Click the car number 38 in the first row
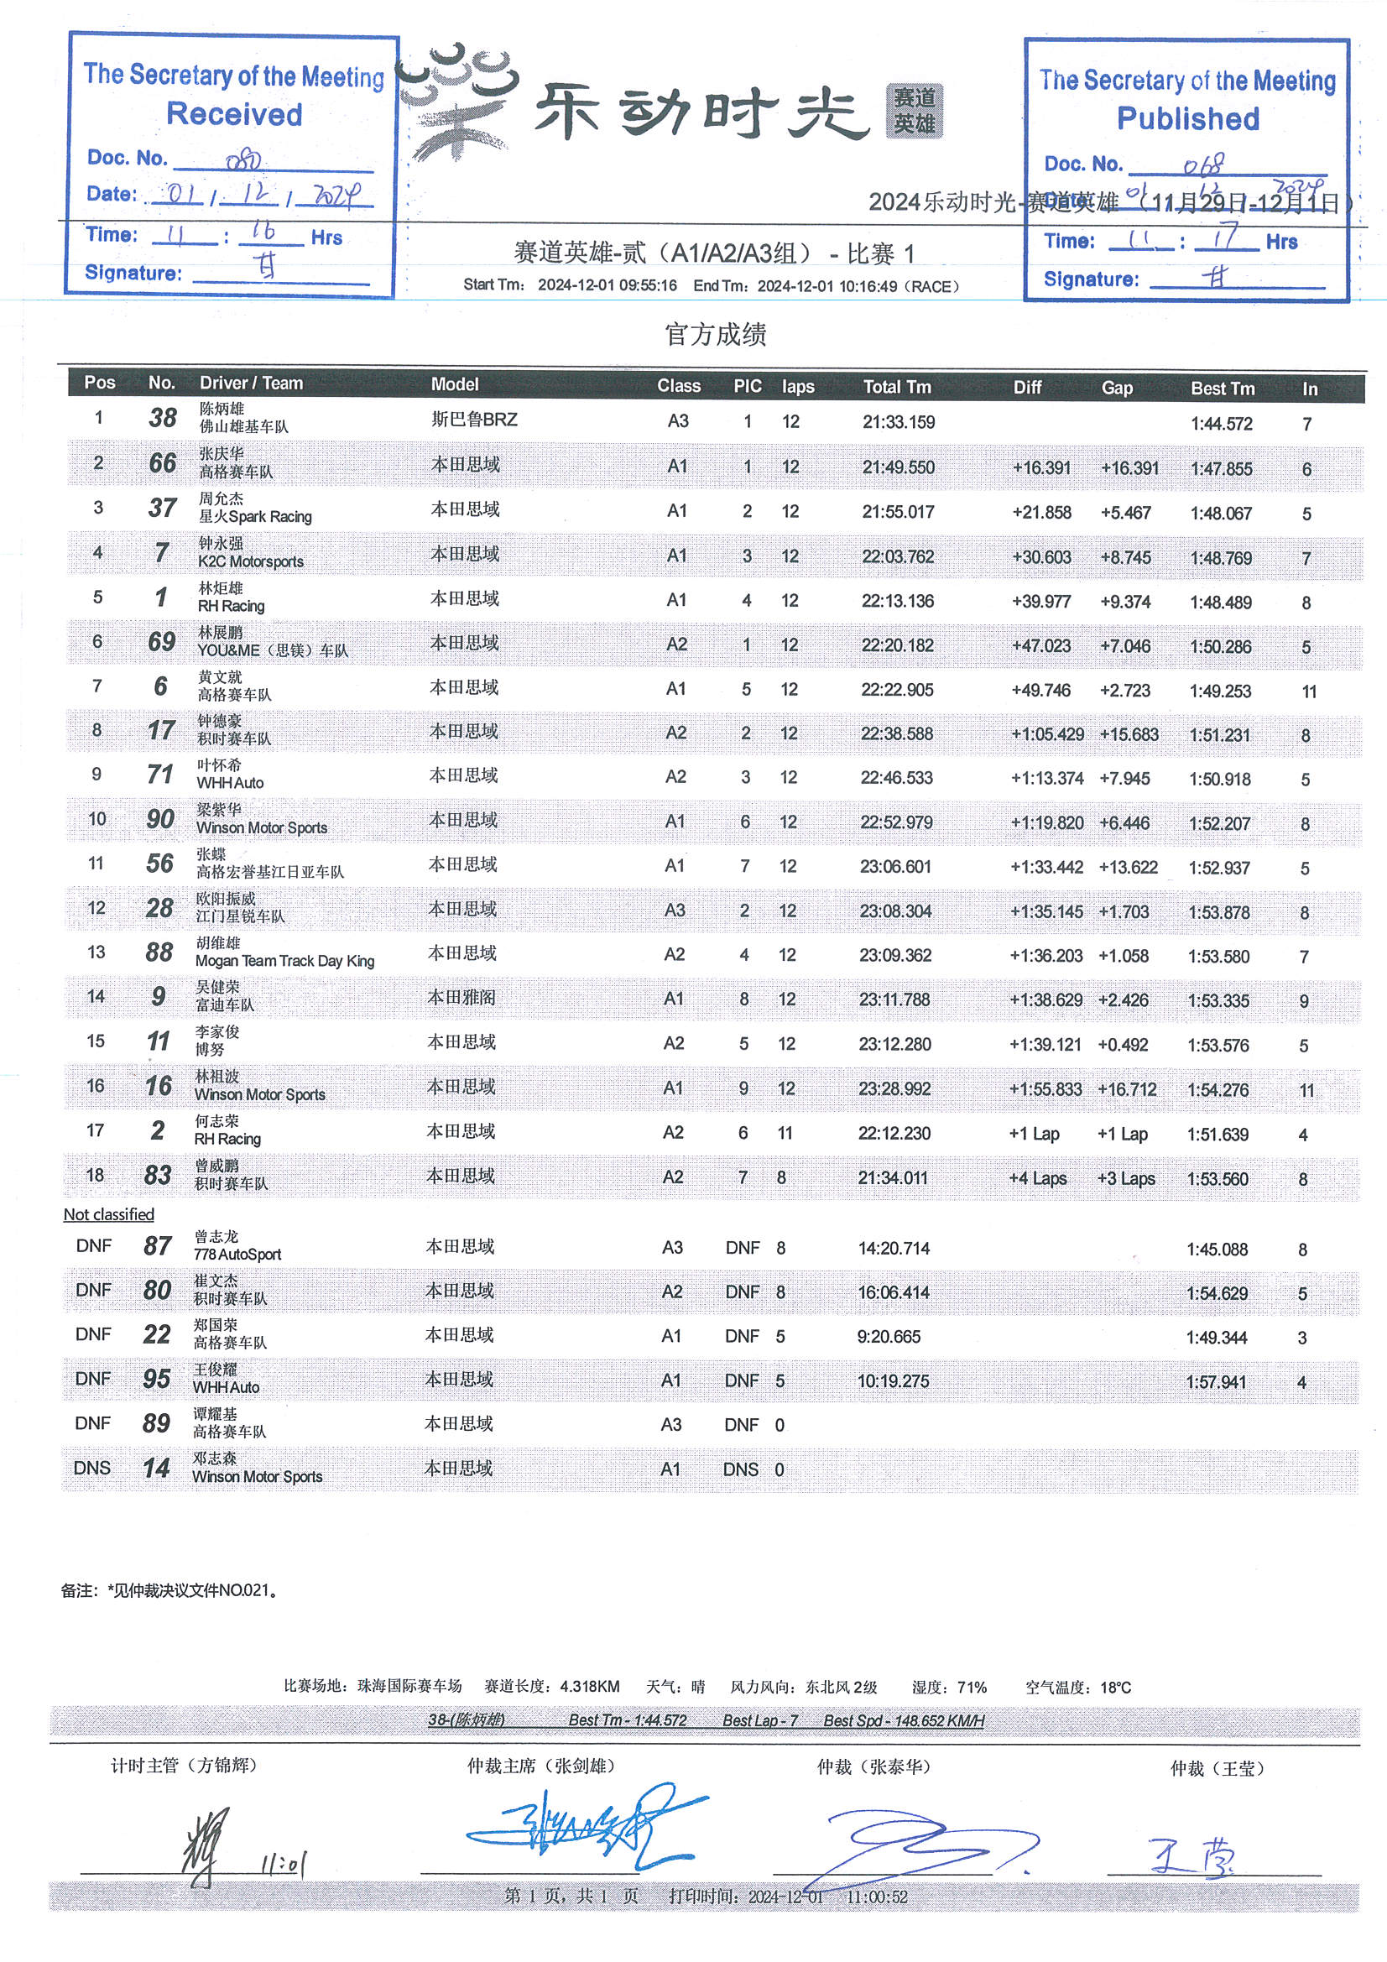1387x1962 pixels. click(163, 418)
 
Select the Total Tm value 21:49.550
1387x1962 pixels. click(898, 467)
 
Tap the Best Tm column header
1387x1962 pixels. click(1222, 388)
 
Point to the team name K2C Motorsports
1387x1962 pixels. click(250, 562)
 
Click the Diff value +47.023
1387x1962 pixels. click(1041, 646)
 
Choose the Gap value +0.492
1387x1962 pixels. click(1123, 1044)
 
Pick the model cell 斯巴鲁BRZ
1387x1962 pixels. click(474, 420)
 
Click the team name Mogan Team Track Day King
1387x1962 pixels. click(284, 962)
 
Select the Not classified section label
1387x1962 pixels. click(108, 1214)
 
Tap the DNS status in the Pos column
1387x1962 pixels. click(92, 1468)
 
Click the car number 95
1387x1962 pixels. click(156, 1379)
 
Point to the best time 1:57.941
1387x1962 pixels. click(1215, 1382)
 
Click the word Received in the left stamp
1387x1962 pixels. click(234, 113)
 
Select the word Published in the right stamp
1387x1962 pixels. click(1188, 119)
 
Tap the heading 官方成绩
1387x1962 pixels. click(715, 334)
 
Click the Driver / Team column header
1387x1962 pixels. click(251, 384)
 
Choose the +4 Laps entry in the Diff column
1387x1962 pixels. click(1037, 1178)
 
